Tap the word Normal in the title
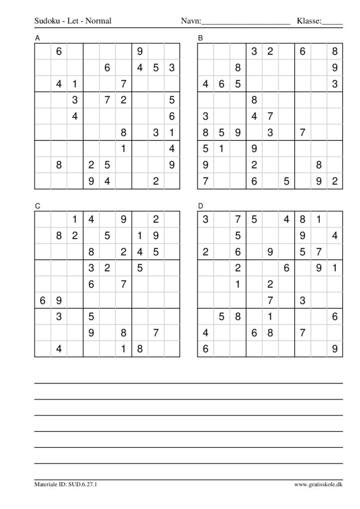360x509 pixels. tap(99, 21)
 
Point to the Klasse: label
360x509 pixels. tap(309, 21)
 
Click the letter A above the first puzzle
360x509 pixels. tap(37, 38)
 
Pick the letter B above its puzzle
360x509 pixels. tap(200, 38)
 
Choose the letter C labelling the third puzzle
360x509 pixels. tap(37, 205)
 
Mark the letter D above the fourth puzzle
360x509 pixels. tap(200, 205)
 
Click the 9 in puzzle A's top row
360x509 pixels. tap(139, 51)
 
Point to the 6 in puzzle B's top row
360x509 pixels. tap(302, 51)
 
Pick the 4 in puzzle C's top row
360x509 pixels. tap(91, 219)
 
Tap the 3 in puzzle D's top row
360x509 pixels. tap(205, 219)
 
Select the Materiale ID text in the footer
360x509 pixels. tap(66, 484)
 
